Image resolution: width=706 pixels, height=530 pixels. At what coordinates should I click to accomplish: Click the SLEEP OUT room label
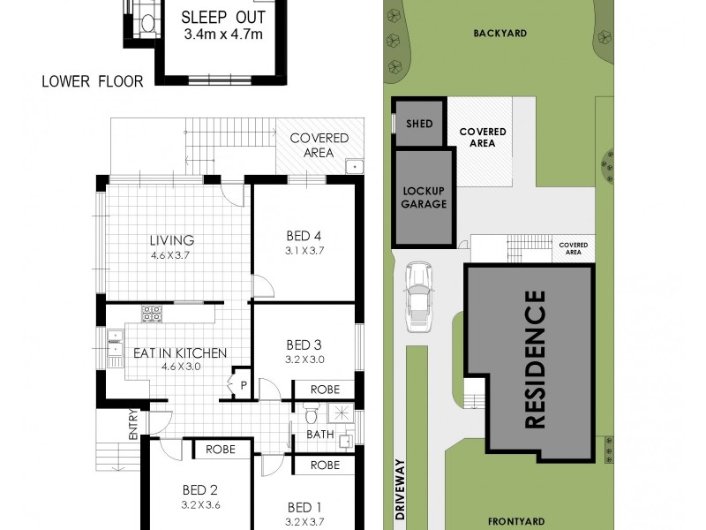coord(224,18)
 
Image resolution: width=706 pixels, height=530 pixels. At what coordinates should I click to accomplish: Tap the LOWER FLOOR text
coord(92,82)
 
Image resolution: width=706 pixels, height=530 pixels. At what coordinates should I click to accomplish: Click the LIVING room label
coord(171,240)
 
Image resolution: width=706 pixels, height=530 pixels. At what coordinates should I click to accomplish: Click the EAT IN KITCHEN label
coord(180,353)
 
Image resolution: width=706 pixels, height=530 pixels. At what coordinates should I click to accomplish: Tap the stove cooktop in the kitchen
coord(151,313)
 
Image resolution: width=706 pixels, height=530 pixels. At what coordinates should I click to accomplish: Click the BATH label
coord(319,435)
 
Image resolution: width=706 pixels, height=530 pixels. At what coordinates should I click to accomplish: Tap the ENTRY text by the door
coord(133,425)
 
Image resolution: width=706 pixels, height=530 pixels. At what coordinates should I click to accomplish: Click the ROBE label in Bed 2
coord(221,450)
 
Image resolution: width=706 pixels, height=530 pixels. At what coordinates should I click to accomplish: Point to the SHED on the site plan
coord(420,124)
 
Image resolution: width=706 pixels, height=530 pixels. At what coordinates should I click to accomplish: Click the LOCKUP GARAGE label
coord(424,197)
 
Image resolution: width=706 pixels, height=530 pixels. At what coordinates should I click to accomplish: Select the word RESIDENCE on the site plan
coord(535,359)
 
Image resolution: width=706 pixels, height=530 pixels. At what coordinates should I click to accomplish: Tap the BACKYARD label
coord(499,33)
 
